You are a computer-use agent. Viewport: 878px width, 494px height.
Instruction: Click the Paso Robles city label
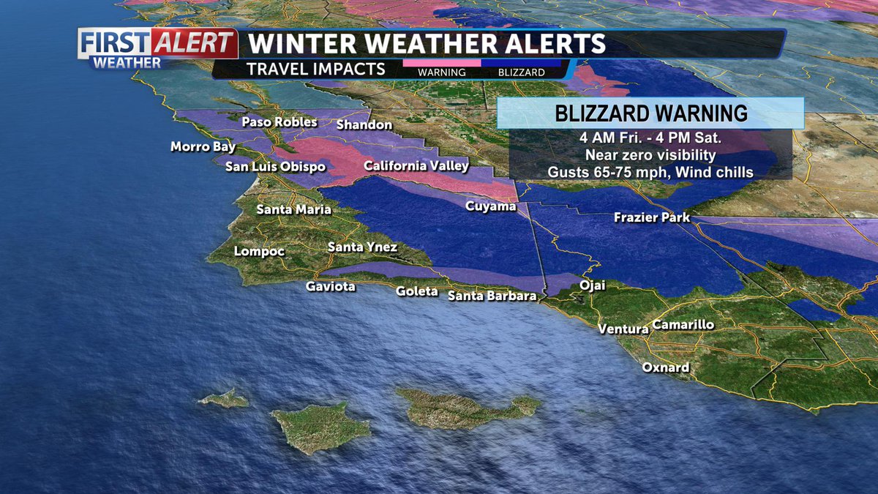click(x=279, y=121)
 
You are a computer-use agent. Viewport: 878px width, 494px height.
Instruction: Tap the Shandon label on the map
click(x=364, y=125)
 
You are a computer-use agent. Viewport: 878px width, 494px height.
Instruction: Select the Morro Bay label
click(x=203, y=147)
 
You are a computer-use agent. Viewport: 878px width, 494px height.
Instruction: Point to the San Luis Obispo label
click(x=274, y=167)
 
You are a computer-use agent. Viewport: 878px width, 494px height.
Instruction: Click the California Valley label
click(x=416, y=166)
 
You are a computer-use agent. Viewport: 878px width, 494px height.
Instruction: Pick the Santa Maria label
click(x=293, y=209)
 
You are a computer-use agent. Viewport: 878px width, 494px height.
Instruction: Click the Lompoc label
click(x=259, y=252)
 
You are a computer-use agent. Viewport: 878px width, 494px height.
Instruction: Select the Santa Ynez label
click(x=362, y=247)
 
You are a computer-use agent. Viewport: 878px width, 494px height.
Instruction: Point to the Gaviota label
click(x=331, y=286)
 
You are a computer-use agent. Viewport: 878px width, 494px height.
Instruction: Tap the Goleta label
click(x=417, y=291)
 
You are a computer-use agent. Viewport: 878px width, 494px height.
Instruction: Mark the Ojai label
click(x=592, y=285)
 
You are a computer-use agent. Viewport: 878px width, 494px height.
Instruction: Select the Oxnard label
click(x=666, y=367)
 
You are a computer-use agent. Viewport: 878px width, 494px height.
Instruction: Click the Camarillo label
click(x=683, y=325)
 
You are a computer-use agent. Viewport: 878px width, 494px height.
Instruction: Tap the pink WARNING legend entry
click(x=442, y=72)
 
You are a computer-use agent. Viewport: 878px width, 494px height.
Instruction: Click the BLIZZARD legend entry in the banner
click(x=521, y=72)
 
